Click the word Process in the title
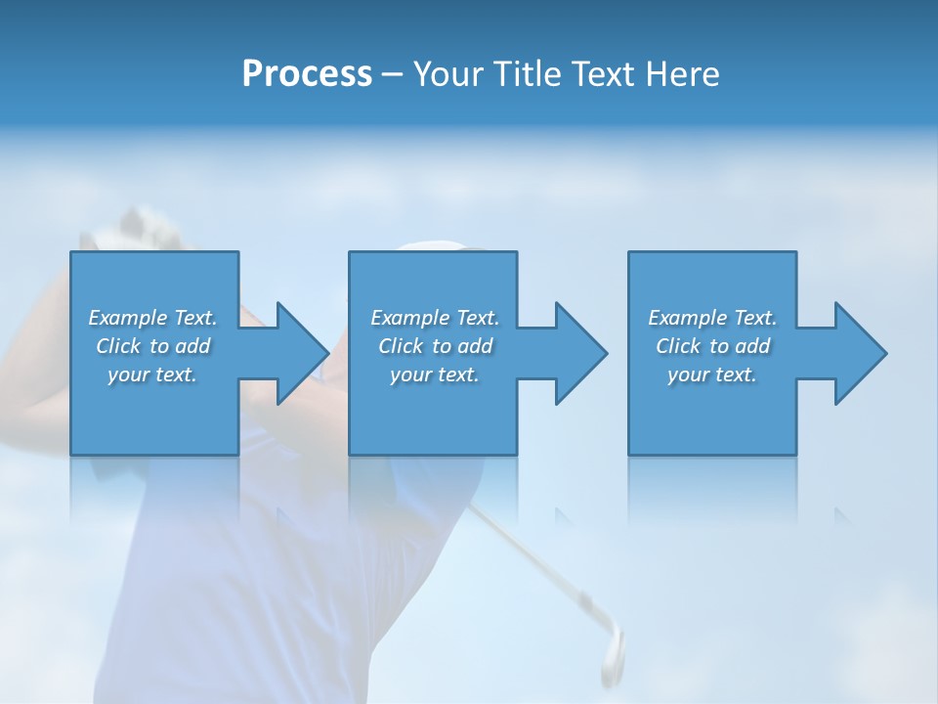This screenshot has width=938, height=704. point(307,74)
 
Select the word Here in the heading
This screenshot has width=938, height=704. point(683,74)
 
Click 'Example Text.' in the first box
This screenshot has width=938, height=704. point(152,317)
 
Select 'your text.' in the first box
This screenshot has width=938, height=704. point(152,374)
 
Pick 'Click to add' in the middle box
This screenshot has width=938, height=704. point(435,346)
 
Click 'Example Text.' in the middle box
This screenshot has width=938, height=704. point(435,317)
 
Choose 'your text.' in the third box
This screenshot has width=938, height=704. point(712,374)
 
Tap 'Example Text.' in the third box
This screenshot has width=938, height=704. point(712,317)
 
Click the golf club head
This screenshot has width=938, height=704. point(612,650)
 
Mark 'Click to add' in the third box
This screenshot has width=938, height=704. point(712,346)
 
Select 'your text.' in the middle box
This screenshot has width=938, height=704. point(435,374)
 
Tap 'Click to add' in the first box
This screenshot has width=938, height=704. point(152,346)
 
